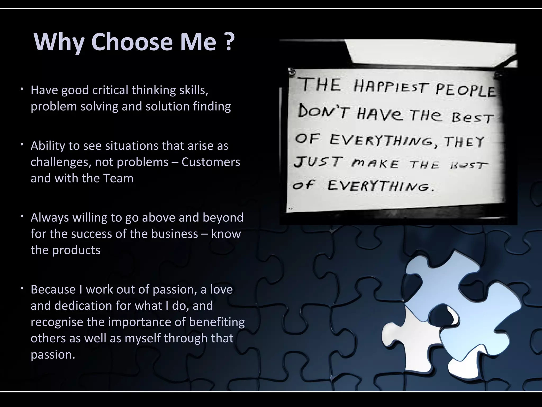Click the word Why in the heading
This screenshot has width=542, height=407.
coord(59,42)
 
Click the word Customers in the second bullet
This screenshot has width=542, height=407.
coord(211,162)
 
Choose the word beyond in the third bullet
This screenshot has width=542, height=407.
coord(223,218)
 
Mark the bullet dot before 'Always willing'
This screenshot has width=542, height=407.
coord(23,216)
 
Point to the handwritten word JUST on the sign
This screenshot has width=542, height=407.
coord(318,162)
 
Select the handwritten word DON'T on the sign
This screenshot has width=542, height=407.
coord(324,111)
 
